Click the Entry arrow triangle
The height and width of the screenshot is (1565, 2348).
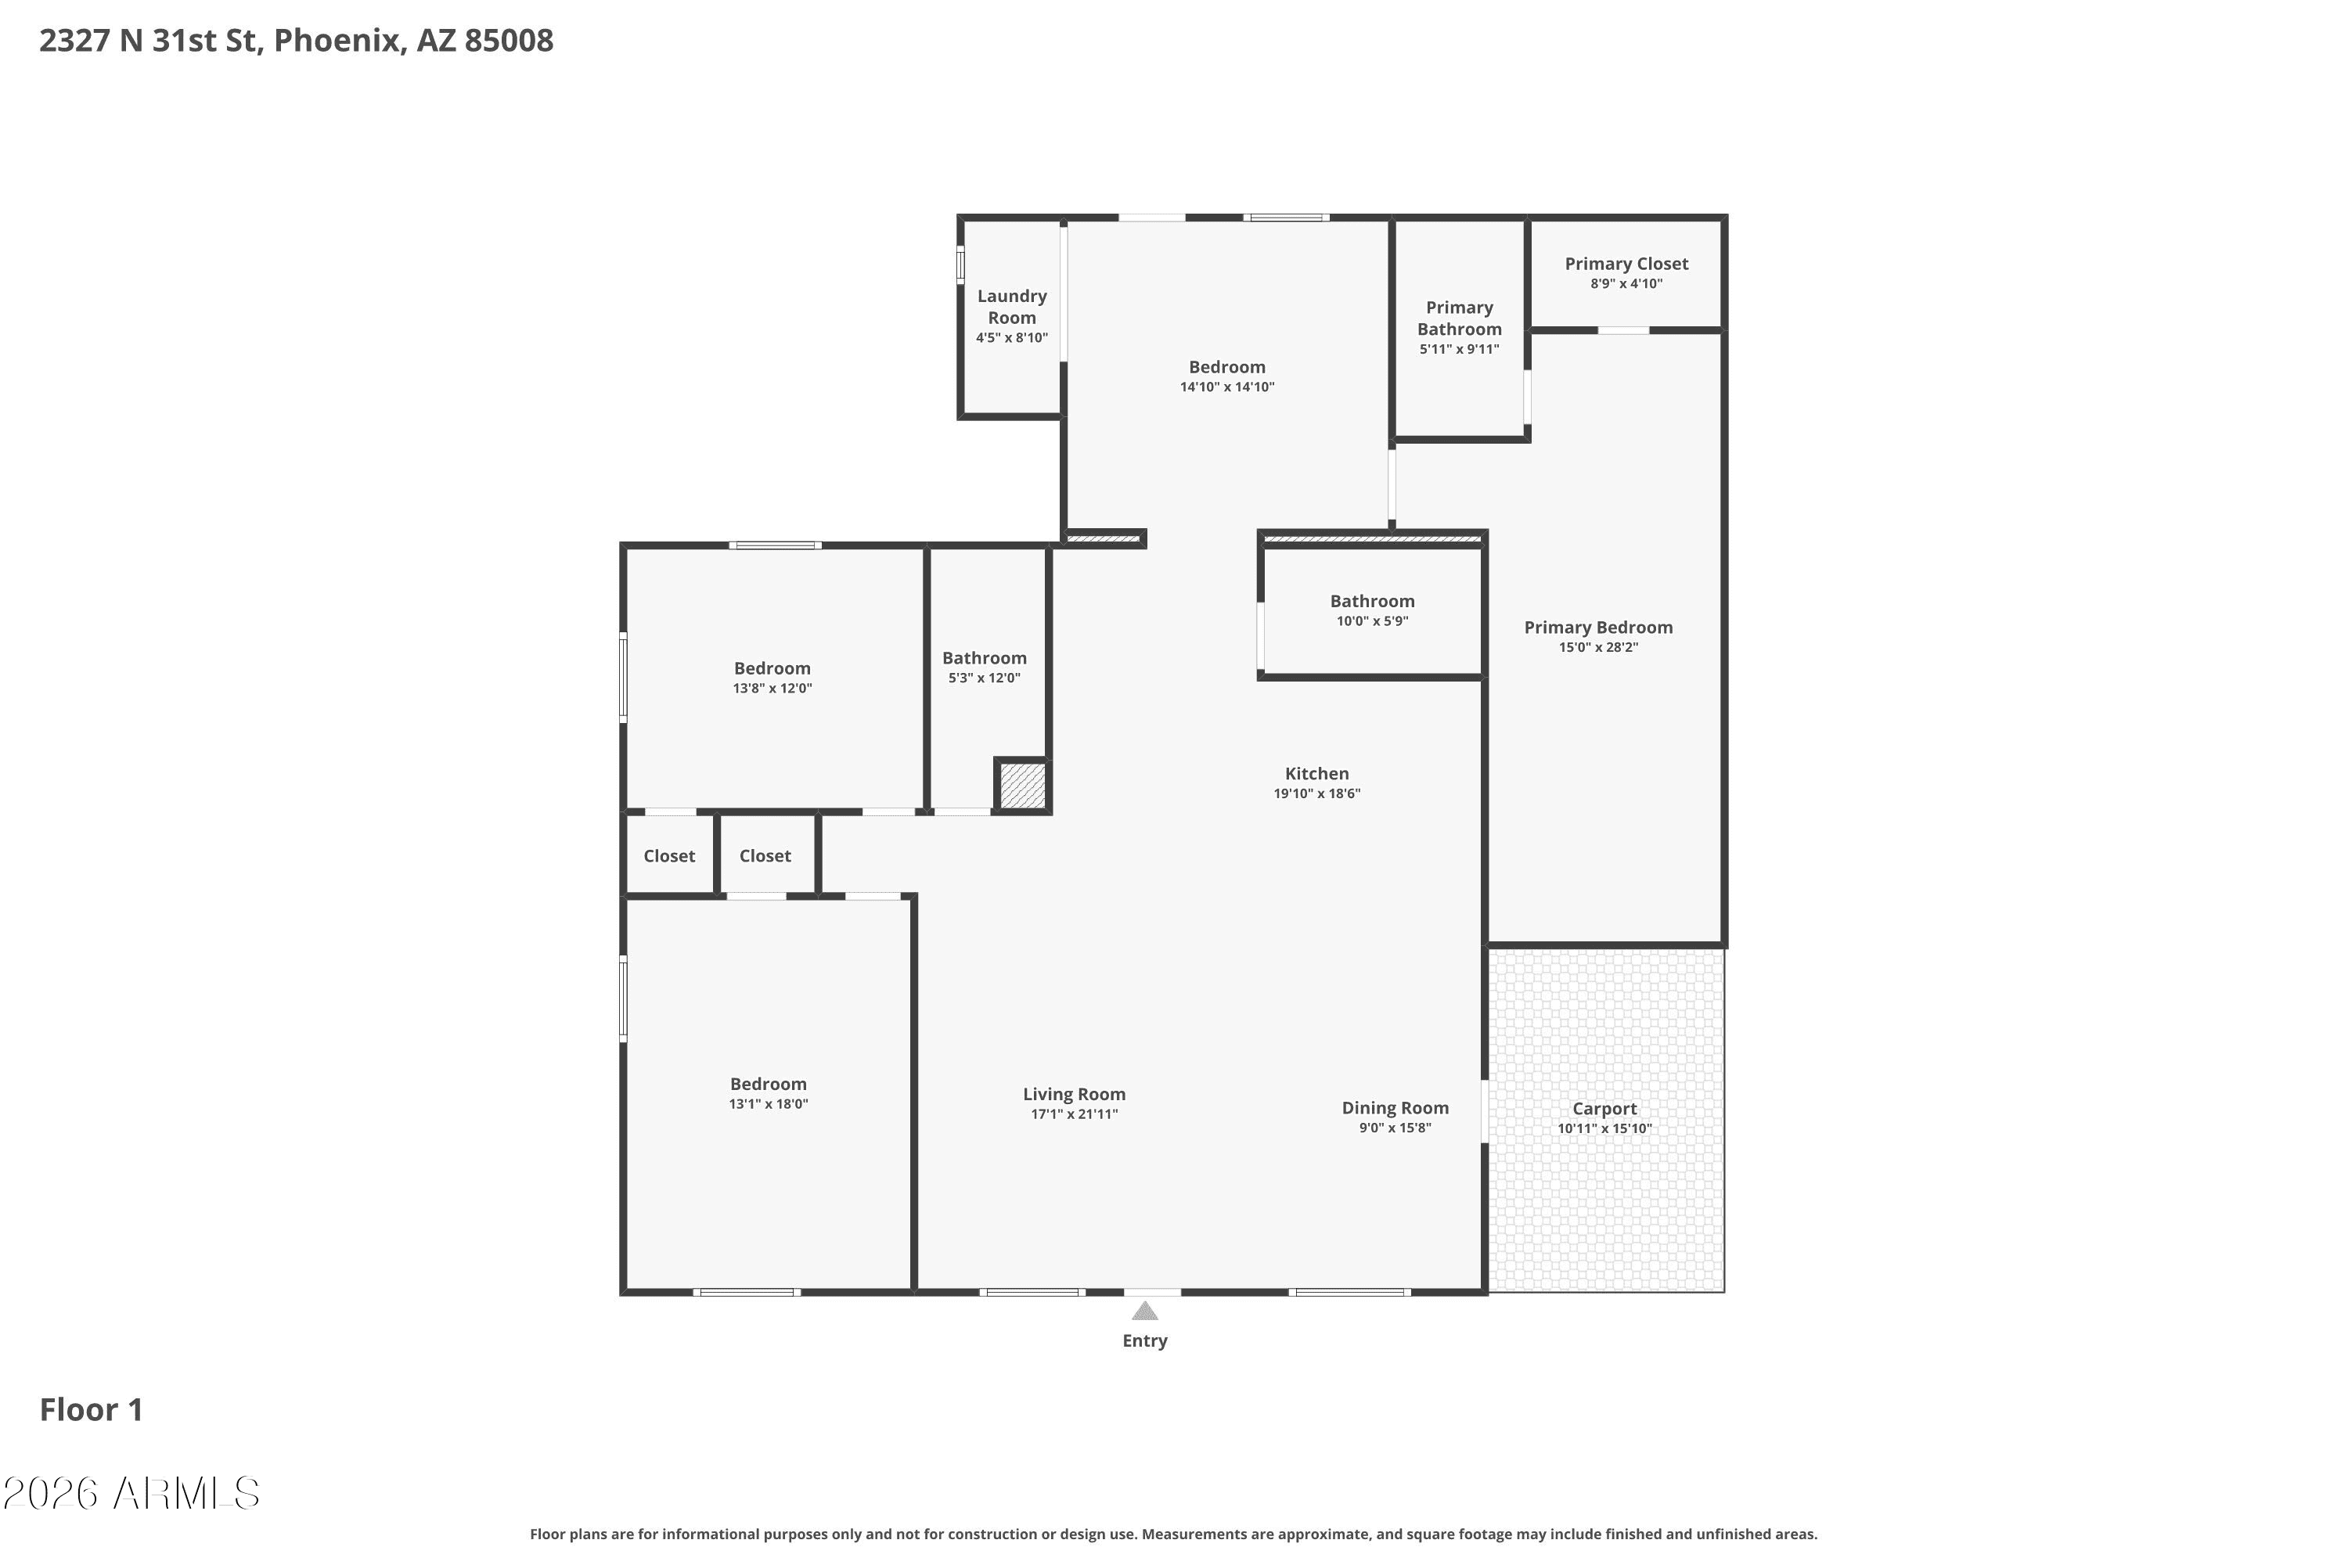click(x=1145, y=1311)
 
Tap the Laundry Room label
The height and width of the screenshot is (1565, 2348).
click(x=1012, y=307)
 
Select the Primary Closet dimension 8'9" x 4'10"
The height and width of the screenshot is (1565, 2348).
click(x=1626, y=283)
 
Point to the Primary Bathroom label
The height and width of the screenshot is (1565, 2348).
click(x=1460, y=318)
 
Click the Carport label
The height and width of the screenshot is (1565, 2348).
click(x=1604, y=1108)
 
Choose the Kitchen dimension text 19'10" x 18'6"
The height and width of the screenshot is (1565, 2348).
click(x=1316, y=793)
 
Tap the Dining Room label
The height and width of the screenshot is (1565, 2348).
click(x=1395, y=1108)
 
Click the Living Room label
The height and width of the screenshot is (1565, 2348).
click(x=1074, y=1094)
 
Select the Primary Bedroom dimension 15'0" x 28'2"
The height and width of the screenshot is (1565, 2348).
click(x=1598, y=647)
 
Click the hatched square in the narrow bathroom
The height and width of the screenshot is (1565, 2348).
click(x=1022, y=786)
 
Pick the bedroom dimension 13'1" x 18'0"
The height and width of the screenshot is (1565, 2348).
click(x=768, y=1104)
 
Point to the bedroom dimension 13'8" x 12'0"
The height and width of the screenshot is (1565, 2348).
click(x=772, y=688)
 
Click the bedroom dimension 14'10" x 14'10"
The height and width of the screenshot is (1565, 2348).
click(x=1227, y=387)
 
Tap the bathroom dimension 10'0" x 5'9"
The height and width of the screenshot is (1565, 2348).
click(x=1372, y=621)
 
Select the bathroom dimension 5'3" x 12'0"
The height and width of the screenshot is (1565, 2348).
click(x=985, y=678)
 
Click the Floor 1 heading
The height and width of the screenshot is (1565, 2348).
click(x=91, y=1409)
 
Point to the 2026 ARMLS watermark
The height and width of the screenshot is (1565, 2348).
click(x=131, y=1493)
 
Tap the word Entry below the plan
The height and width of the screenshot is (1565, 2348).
click(x=1145, y=1340)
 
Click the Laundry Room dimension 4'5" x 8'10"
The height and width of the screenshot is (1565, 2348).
click(x=1012, y=337)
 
